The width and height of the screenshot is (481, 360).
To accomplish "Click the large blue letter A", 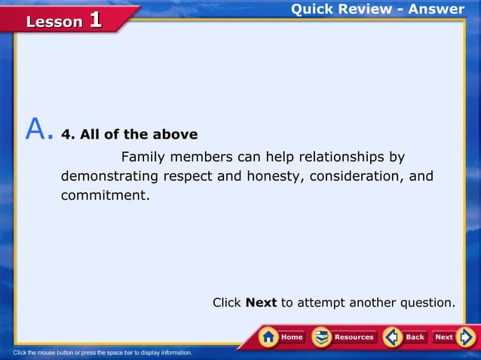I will tap(37, 130).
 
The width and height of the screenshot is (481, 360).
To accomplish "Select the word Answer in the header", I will tap(437, 9).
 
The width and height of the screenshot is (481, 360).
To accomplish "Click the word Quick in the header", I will tap(315, 9).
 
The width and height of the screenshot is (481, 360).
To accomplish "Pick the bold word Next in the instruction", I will tap(261, 303).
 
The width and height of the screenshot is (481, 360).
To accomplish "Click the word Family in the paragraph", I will tap(144, 157).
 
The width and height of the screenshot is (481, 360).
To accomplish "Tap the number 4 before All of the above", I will tap(75, 135).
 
